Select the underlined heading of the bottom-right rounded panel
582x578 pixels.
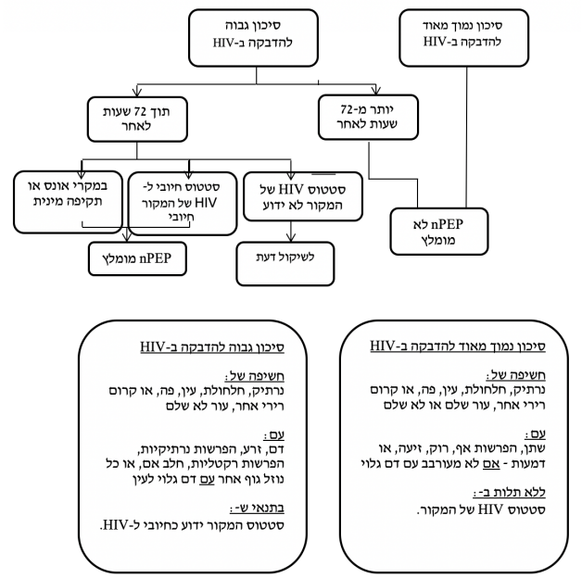(463, 346)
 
